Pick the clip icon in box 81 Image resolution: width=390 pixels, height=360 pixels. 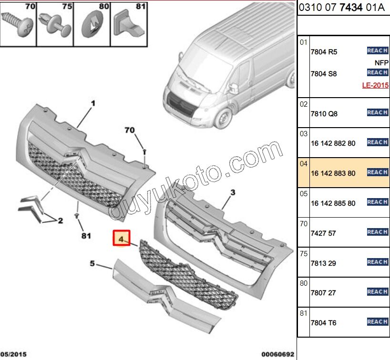pyautogui.click(x=130, y=25)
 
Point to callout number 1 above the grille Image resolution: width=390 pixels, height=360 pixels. pyautogui.click(x=93, y=103)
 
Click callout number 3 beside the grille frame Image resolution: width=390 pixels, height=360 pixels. pyautogui.click(x=233, y=193)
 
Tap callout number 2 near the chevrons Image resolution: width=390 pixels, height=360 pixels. pyautogui.click(x=60, y=221)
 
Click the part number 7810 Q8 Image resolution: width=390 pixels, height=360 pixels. pyautogui.click(x=324, y=114)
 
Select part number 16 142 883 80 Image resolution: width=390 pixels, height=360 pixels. pyautogui.click(x=332, y=173)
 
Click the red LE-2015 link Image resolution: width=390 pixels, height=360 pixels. pyautogui.click(x=375, y=85)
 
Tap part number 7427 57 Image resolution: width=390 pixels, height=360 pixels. pyautogui.click(x=324, y=233)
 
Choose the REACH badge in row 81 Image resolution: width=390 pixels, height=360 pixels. pyautogui.click(x=377, y=322)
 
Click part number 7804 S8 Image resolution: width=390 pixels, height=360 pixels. pyautogui.click(x=323, y=74)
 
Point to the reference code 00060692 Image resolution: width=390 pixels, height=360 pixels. pyautogui.click(x=277, y=354)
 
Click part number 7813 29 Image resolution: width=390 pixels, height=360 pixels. pyautogui.click(x=324, y=263)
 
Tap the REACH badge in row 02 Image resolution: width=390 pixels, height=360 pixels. pyautogui.click(x=377, y=113)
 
